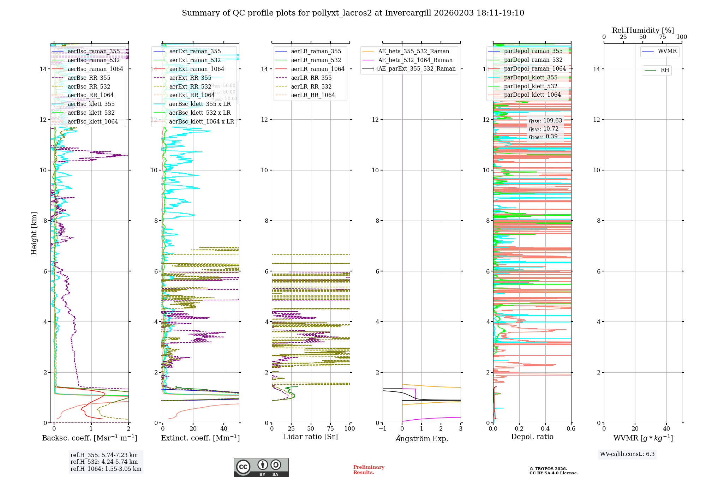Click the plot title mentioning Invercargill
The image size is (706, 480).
click(x=353, y=13)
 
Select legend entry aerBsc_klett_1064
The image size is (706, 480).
click(x=92, y=121)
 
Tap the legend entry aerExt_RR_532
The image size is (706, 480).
click(x=190, y=86)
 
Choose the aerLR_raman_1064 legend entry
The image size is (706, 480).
click(x=317, y=69)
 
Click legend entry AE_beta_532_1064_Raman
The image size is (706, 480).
click(x=415, y=60)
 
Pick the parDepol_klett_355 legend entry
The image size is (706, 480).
click(x=530, y=77)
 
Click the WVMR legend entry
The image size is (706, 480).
click(x=667, y=51)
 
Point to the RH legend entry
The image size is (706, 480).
click(x=664, y=70)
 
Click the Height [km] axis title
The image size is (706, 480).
click(x=34, y=233)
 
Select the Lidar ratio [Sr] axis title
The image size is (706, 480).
click(x=311, y=437)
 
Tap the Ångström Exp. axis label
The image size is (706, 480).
click(x=421, y=438)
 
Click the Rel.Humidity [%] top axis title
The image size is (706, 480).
click(x=643, y=30)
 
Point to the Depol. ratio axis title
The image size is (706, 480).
click(x=532, y=437)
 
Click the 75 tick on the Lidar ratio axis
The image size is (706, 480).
click(x=330, y=428)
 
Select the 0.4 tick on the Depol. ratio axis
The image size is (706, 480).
click(x=545, y=428)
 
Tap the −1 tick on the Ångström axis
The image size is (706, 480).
click(x=382, y=428)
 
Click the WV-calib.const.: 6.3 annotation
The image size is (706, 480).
click(x=627, y=454)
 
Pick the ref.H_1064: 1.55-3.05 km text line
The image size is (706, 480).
click(x=106, y=469)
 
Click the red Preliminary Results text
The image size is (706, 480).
click(x=369, y=469)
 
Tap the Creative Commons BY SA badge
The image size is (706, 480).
click(x=261, y=467)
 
